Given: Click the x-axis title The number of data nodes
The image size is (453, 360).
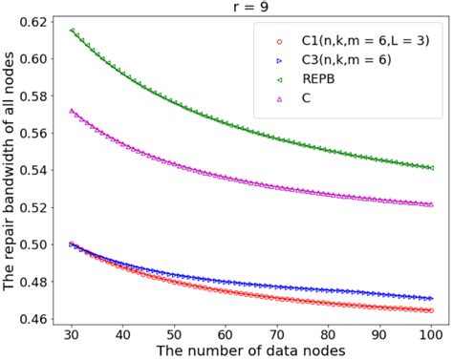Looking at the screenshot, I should point(251,352).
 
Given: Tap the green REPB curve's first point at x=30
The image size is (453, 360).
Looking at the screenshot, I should point(73,31).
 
